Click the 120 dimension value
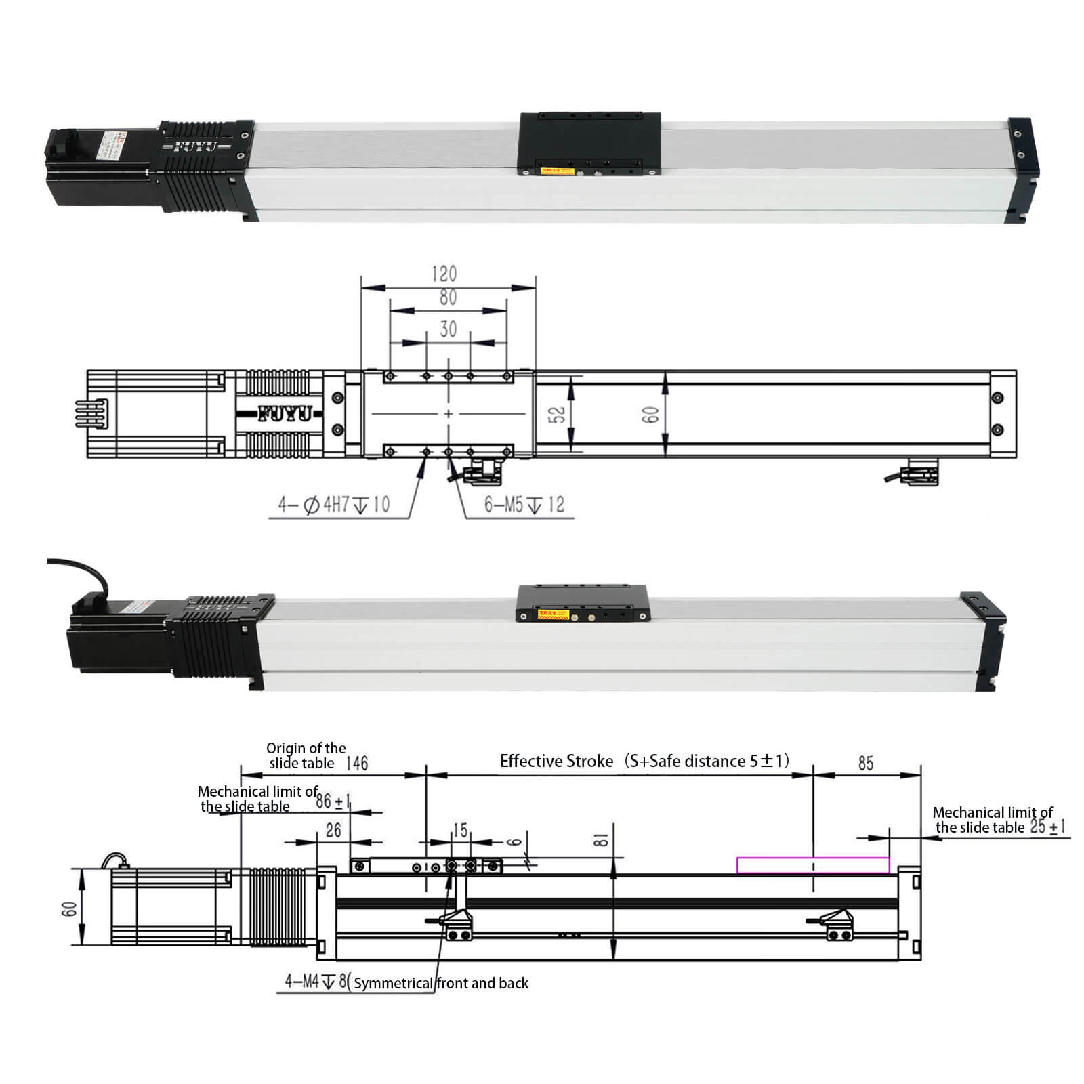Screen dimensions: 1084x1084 click(x=444, y=274)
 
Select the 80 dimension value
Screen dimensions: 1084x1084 click(x=448, y=297)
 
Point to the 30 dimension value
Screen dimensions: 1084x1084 click(x=448, y=329)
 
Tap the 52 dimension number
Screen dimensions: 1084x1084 click(x=557, y=415)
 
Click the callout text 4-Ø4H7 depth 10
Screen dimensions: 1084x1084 click(x=333, y=505)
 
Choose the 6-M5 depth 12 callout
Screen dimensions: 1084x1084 click(x=524, y=505)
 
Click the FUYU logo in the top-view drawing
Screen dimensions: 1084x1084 click(x=285, y=414)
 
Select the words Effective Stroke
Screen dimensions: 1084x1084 click(x=556, y=761)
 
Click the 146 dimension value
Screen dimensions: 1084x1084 click(x=356, y=764)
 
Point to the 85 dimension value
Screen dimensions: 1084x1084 click(x=865, y=764)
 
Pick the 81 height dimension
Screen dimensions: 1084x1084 click(x=601, y=840)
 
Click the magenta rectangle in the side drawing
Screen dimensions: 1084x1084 click(x=812, y=865)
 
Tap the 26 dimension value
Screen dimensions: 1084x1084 click(x=333, y=831)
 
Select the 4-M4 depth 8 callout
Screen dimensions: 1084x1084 click(x=316, y=981)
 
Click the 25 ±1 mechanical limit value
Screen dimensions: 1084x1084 click(x=1047, y=827)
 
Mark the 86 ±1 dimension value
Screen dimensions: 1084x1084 click(x=333, y=801)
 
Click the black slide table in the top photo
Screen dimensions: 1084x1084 click(x=589, y=143)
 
